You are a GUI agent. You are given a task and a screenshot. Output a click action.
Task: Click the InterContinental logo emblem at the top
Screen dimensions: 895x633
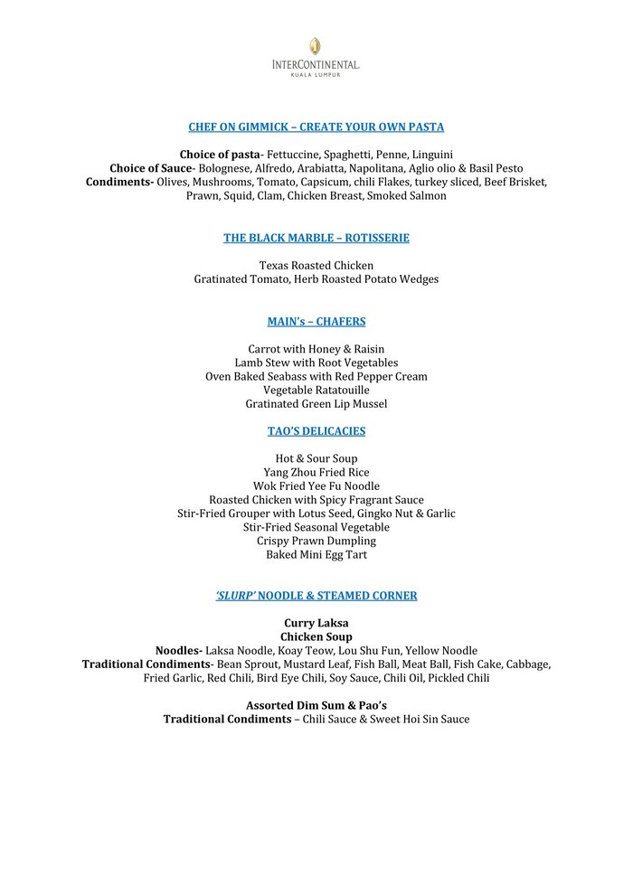click(x=315, y=46)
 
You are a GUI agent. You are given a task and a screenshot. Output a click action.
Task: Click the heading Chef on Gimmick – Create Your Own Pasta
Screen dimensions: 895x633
click(x=316, y=127)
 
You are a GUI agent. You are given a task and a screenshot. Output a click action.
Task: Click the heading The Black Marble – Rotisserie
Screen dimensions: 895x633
click(x=316, y=238)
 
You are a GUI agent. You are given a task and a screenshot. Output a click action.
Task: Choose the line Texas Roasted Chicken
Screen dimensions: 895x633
click(x=316, y=266)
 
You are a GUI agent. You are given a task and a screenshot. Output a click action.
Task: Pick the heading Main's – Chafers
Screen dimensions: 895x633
click(x=316, y=321)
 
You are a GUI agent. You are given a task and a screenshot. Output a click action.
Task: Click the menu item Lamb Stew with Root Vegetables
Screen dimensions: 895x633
click(x=316, y=363)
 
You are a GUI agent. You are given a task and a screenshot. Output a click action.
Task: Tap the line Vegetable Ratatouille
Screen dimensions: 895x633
click(x=316, y=390)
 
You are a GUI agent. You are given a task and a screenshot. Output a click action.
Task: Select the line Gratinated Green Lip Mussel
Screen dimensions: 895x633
click(x=316, y=403)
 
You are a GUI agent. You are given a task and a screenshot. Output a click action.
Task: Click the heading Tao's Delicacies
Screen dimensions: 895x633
click(x=316, y=431)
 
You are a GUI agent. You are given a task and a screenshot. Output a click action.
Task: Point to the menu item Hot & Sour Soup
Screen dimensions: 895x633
click(x=316, y=459)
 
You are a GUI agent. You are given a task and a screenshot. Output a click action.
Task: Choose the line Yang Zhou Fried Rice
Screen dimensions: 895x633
click(x=316, y=473)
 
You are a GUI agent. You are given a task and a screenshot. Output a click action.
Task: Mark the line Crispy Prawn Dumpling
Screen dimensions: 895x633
click(x=316, y=541)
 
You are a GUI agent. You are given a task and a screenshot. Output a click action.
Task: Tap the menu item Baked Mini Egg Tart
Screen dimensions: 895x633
click(x=316, y=554)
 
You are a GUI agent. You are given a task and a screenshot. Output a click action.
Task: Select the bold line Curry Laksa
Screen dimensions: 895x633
click(x=316, y=623)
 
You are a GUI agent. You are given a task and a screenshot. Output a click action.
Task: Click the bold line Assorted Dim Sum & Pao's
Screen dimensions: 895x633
click(x=316, y=705)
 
